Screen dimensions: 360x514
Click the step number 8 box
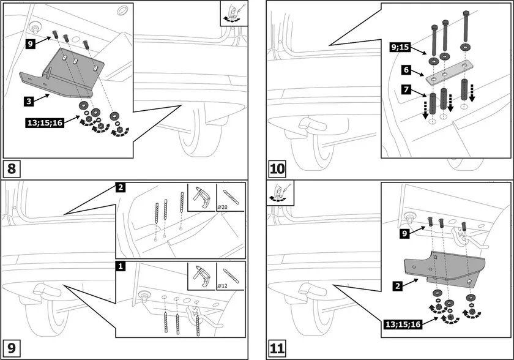13,168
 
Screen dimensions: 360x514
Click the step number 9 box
13,349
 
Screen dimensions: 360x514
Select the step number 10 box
277,168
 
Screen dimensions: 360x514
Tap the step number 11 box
277,349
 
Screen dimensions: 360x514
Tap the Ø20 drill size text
225,208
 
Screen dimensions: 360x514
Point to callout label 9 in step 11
404,233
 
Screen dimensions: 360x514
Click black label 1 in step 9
122,266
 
